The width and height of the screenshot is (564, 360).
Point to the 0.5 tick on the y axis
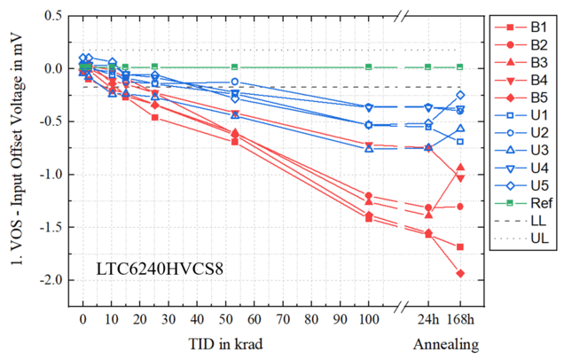click(x=54, y=17)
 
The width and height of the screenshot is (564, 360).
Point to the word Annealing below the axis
click(x=445, y=343)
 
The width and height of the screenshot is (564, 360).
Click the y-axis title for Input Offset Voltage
click(x=16, y=160)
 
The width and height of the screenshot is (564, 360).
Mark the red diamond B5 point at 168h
click(x=460, y=273)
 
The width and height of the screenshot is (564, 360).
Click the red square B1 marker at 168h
click(x=460, y=247)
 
